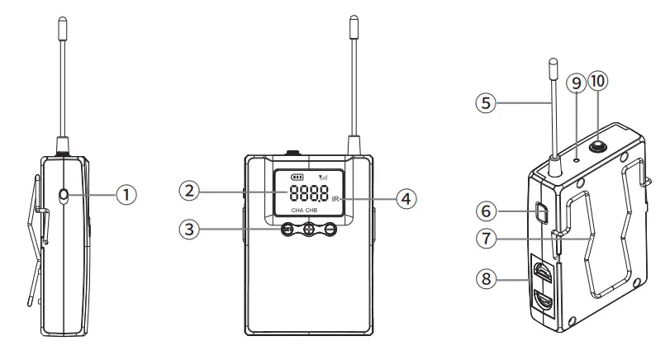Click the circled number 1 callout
click(x=126, y=196)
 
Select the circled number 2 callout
click(x=191, y=191)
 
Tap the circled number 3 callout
click(x=191, y=229)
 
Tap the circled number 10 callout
click(x=598, y=81)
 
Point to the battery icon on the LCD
click(x=296, y=177)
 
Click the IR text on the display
click(x=335, y=200)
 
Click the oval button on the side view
click(x=64, y=196)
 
